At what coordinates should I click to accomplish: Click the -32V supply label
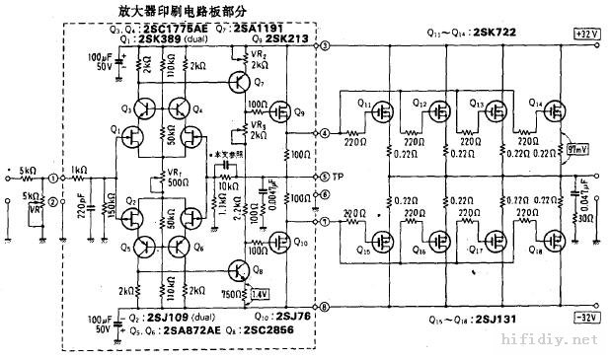[x=586, y=318]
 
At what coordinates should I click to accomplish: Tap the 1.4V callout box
[x=260, y=293]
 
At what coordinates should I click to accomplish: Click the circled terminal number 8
[x=325, y=307]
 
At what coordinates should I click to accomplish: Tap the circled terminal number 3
[x=325, y=47]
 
